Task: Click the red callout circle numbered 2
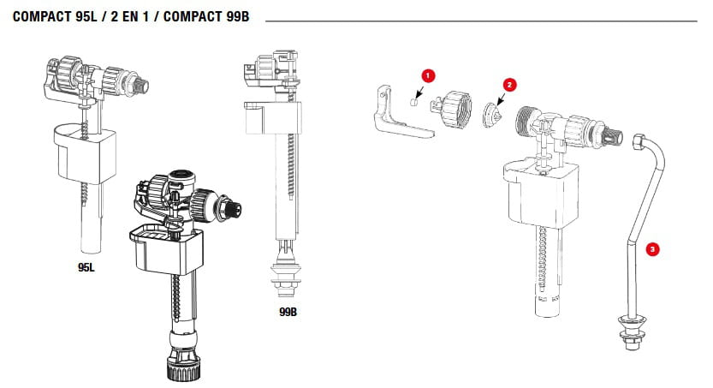coord(509,85)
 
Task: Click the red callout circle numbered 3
coord(653,250)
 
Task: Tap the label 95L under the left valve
coord(86,268)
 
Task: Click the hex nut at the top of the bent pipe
coord(639,141)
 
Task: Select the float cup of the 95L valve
coord(83,152)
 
